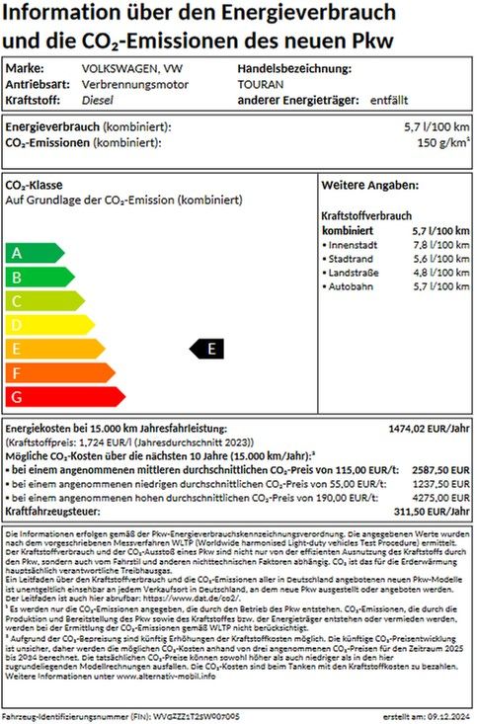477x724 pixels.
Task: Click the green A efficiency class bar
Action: tap(30, 252)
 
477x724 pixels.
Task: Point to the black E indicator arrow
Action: tap(207, 348)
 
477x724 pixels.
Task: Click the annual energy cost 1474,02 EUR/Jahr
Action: tap(430, 429)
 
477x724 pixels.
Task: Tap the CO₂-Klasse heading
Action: tap(35, 186)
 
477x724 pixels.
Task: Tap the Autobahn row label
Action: tap(352, 285)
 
